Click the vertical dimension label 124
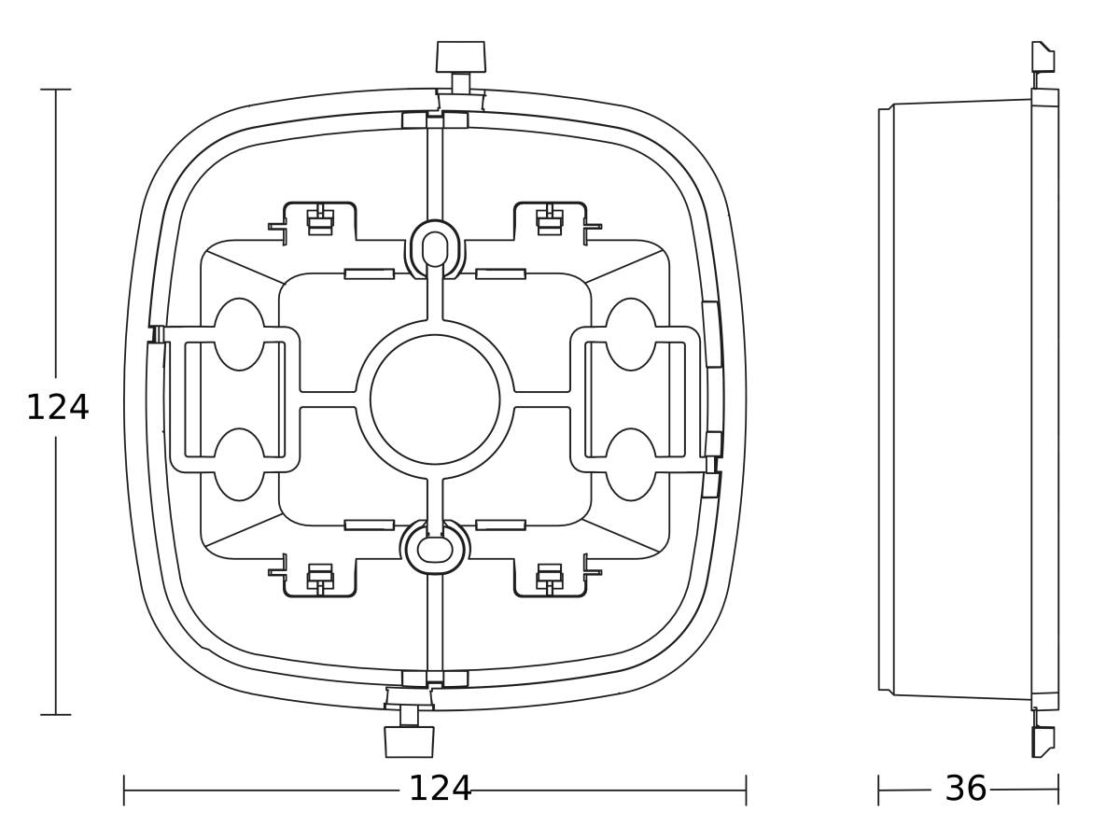pos(57,408)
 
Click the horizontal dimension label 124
pos(440,790)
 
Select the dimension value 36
pos(965,790)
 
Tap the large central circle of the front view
pos(435,399)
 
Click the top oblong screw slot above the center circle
pos(435,248)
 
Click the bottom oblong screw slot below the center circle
pos(435,550)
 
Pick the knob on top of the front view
pos(461,56)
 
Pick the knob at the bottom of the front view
pos(410,741)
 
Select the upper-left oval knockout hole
pos(240,334)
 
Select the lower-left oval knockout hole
pos(240,465)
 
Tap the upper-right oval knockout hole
pos(631,334)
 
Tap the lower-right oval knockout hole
pos(631,465)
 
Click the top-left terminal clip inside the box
pos(319,222)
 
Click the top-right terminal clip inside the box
pos(550,222)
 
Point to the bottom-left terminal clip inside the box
pos(319,577)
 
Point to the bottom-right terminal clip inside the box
pos(550,577)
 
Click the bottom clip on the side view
pos(1043,741)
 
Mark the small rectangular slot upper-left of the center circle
pos(369,273)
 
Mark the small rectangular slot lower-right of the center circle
pos(500,525)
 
